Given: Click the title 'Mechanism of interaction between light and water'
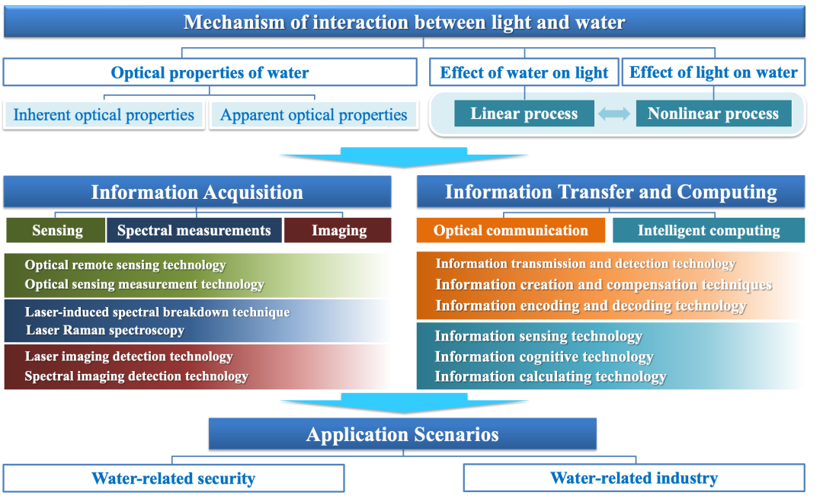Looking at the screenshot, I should point(404,22).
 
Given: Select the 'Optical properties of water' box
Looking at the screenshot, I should point(210,73).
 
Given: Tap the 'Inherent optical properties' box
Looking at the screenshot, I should point(104,115).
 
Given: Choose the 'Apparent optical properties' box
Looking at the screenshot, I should point(313,115).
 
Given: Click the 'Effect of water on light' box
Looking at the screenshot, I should point(524,73).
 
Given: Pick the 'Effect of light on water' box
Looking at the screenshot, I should point(713,73).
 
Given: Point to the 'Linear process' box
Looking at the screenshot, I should point(524,114).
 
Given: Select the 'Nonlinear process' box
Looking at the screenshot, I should point(713,114).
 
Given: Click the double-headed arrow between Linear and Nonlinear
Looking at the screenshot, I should point(613,114).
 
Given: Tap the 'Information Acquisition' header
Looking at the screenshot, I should point(197,192).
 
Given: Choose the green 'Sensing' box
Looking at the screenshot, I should point(56,230).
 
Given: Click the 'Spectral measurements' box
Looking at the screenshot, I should point(194,230).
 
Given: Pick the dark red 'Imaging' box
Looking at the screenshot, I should point(338,230).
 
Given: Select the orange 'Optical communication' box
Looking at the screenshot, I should point(511,230).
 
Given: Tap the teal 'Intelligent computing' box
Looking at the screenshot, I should point(709,230).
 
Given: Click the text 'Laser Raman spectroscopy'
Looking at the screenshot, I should point(105,331).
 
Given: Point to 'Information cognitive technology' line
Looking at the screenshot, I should point(543,357).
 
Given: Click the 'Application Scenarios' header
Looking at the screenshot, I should point(402,434).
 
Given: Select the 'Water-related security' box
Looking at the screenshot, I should point(173,478).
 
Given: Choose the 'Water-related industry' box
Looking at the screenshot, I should point(634,478).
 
